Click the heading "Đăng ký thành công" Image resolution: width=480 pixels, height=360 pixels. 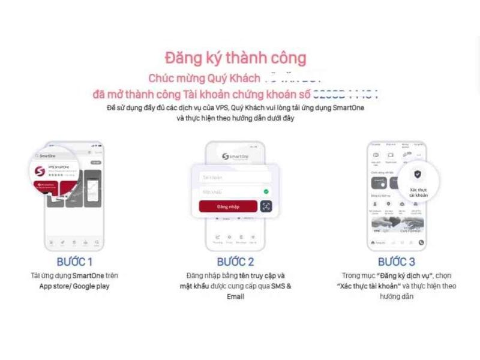235,58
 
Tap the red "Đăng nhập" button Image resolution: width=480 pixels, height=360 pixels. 228,206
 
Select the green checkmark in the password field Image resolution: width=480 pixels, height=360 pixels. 266,191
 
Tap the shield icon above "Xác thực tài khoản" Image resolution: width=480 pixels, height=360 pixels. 418,175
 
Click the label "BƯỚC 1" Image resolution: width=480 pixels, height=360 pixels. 74,262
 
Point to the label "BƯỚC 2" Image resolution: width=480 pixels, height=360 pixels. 235,262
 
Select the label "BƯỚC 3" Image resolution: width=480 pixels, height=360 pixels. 397,262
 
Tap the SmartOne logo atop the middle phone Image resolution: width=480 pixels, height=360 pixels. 235,157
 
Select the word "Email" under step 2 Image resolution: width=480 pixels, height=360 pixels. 235,297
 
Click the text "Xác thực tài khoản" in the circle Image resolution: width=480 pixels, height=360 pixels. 418,191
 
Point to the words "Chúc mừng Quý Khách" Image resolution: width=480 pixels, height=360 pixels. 204,78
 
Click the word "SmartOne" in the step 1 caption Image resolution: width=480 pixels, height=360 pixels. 89,275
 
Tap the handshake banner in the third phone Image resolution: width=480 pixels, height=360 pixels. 397,225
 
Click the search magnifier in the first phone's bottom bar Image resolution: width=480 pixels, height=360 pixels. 96,242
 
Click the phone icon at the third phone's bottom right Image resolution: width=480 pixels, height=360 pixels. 421,242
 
